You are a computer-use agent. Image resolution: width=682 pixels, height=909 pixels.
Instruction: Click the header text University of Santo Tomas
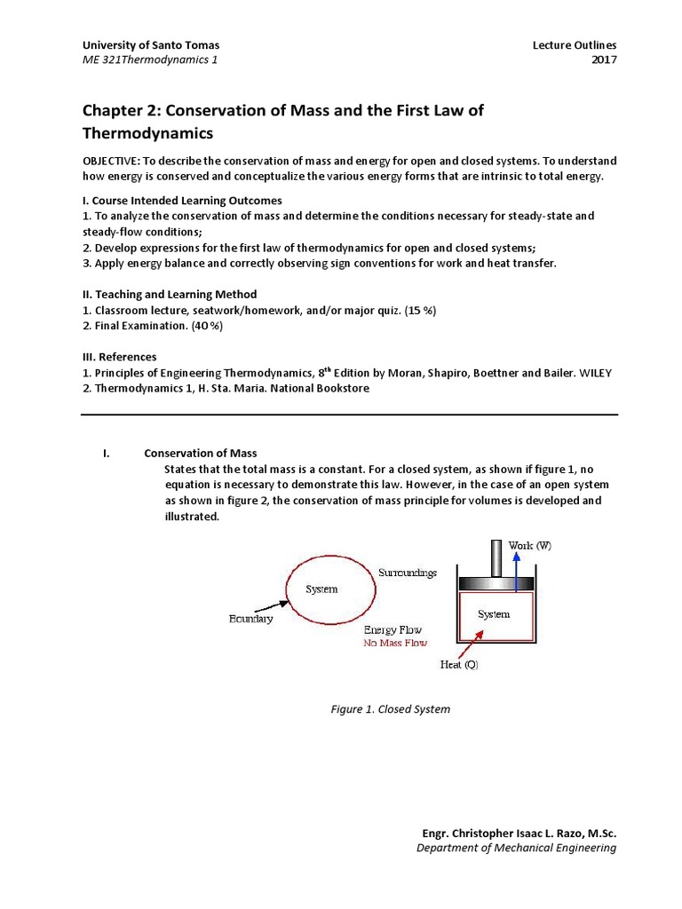click(x=150, y=44)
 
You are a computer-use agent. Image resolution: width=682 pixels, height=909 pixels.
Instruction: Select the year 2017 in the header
click(x=603, y=59)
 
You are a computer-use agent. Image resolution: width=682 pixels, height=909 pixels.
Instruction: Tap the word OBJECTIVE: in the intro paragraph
click(x=114, y=161)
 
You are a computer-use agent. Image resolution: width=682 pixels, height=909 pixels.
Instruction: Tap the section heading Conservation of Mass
click(x=200, y=454)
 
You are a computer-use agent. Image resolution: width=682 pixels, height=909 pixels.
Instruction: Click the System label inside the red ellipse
click(x=321, y=589)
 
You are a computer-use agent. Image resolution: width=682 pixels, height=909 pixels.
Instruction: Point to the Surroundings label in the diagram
click(x=408, y=573)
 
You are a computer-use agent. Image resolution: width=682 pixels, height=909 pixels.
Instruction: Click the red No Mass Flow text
click(x=395, y=643)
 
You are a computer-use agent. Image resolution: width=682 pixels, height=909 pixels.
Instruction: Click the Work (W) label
click(x=529, y=545)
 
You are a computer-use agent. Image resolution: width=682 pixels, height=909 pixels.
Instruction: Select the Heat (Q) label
click(x=459, y=665)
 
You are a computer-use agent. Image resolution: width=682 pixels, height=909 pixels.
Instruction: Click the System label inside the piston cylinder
click(x=494, y=613)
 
